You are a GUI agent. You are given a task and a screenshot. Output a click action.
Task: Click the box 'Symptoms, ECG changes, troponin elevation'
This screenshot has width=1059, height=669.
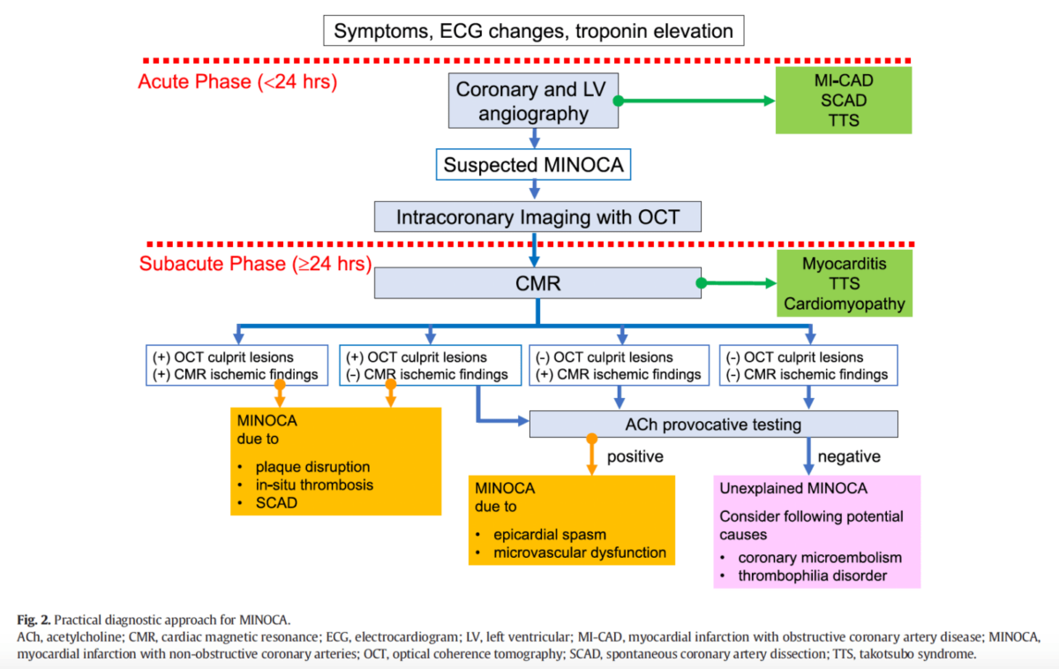point(534,31)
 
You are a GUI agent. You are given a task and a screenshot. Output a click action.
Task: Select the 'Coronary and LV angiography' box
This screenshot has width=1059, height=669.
point(533,101)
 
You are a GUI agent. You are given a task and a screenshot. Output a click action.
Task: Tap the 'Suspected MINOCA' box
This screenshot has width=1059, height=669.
point(533,164)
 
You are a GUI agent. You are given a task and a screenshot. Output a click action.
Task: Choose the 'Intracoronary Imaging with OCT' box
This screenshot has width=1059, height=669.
point(537,217)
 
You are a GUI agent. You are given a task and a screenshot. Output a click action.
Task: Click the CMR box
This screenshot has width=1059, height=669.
point(537,283)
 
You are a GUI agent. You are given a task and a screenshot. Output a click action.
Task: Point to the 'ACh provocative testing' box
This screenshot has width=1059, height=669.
point(713,425)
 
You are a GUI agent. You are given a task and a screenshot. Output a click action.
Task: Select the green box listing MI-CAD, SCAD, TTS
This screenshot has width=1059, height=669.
point(844,101)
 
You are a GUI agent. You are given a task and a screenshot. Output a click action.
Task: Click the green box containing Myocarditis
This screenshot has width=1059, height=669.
point(845,283)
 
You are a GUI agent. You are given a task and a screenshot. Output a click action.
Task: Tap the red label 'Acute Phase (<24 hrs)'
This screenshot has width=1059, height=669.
point(237,82)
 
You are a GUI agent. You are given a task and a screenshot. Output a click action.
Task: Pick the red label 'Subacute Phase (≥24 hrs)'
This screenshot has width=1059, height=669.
point(255,264)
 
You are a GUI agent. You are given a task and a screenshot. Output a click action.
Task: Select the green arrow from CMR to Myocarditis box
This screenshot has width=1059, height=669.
point(737,283)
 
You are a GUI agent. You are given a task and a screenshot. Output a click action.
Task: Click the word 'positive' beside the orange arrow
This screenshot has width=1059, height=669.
point(635,456)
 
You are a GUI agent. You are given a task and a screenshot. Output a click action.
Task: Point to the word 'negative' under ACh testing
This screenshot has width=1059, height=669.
point(849,456)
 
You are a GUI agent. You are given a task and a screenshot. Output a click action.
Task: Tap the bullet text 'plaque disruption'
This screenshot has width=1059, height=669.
point(312,467)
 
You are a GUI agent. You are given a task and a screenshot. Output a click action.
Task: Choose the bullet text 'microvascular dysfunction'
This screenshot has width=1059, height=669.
point(580,552)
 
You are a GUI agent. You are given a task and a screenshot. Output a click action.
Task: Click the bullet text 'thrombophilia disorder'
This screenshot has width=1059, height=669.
point(812,575)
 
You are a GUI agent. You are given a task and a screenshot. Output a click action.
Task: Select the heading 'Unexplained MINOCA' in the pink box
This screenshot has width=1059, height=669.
point(793,488)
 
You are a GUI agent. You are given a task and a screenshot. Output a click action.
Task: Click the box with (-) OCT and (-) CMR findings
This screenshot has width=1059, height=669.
point(808,365)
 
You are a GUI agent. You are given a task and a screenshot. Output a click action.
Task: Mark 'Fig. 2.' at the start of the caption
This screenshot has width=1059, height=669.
point(34,620)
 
